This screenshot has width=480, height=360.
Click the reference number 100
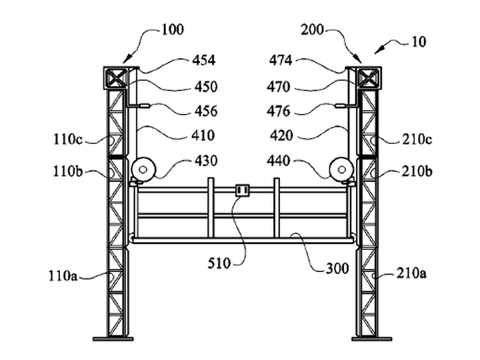tap(173, 30)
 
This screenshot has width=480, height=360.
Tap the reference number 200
tap(312, 30)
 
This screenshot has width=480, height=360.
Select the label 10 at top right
tap(419, 41)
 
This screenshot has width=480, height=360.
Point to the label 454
tap(204, 60)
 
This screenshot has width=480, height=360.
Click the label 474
tap(281, 60)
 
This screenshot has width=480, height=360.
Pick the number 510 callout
tap(219, 263)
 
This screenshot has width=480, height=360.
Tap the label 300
tap(337, 269)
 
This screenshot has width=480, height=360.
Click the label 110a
tap(63, 275)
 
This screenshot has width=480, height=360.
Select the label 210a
tap(411, 273)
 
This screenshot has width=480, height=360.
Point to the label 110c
tap(68, 139)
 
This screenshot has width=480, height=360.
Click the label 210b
tap(417, 171)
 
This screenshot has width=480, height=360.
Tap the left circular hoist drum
tap(143, 169)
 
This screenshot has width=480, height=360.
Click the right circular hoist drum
tap(341, 169)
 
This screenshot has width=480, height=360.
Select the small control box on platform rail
tap(243, 190)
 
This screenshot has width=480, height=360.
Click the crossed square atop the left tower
tap(116, 78)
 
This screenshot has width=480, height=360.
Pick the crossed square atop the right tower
tap(369, 78)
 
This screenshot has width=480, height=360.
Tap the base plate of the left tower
tap(113, 339)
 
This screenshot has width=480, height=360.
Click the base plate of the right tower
tap(371, 339)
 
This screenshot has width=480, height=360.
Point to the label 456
tap(206, 111)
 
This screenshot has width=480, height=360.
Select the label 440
tap(278, 161)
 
